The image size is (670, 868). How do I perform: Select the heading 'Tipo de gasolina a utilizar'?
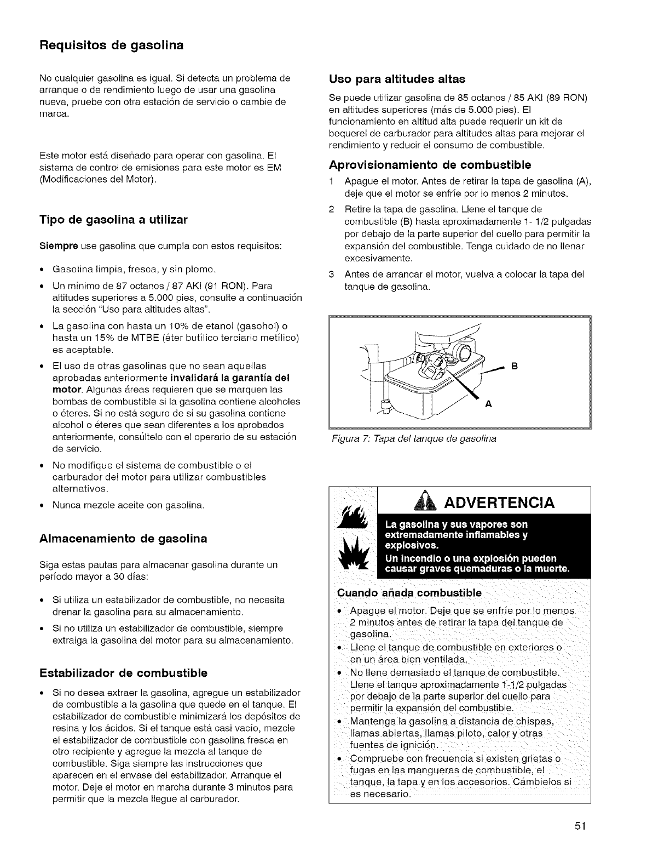113,220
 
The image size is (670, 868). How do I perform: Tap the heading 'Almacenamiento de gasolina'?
123,538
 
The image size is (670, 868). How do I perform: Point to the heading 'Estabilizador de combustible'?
123,672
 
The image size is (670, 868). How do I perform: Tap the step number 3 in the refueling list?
331,274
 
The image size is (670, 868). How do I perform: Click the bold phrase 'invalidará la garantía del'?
230,378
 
